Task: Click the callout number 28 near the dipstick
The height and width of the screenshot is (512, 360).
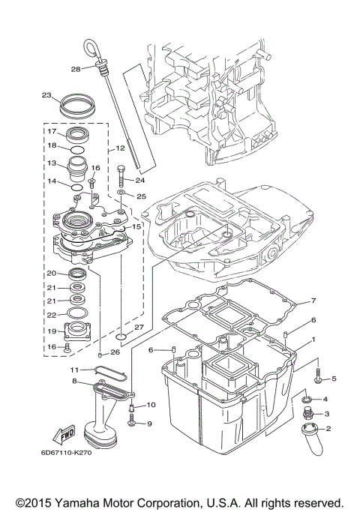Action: [75, 69]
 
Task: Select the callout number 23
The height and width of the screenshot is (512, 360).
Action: [46, 96]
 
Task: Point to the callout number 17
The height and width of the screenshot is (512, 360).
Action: [52, 132]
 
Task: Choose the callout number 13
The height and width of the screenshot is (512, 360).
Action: [52, 163]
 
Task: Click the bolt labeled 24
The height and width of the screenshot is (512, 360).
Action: [121, 176]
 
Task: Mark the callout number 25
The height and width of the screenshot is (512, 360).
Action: [139, 196]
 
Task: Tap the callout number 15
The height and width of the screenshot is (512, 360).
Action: [136, 226]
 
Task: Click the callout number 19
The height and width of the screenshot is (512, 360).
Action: [52, 331]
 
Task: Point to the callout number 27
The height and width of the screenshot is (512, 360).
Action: [138, 328]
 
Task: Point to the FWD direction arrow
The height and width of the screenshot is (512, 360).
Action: [64, 434]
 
